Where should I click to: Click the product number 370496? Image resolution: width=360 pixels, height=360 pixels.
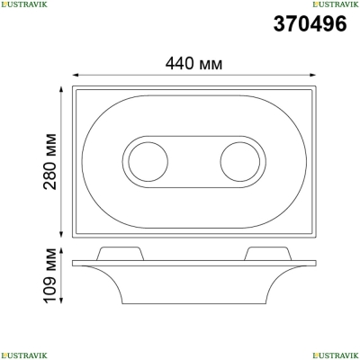click(x=310, y=23)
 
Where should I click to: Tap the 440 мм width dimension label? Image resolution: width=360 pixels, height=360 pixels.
click(x=194, y=64)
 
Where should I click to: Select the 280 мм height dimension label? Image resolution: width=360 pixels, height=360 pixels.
click(x=49, y=161)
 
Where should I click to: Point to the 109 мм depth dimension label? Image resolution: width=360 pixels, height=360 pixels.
click(x=49, y=275)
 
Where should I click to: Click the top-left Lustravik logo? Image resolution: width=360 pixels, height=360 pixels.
click(x=24, y=4)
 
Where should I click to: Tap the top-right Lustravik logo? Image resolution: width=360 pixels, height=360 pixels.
click(x=336, y=4)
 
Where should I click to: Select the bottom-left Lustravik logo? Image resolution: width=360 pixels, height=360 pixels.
click(x=24, y=355)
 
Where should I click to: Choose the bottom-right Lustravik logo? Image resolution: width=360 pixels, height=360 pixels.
click(x=336, y=355)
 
